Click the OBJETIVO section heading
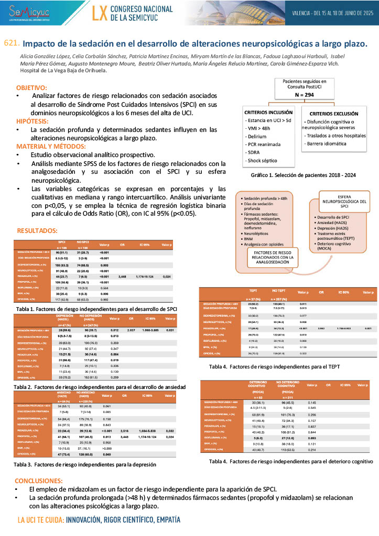pos(31,88)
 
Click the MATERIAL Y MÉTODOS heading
pos(51,146)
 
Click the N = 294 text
pos(304,95)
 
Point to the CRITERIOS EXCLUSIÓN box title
pos(334,114)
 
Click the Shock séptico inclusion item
pos(263,160)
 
